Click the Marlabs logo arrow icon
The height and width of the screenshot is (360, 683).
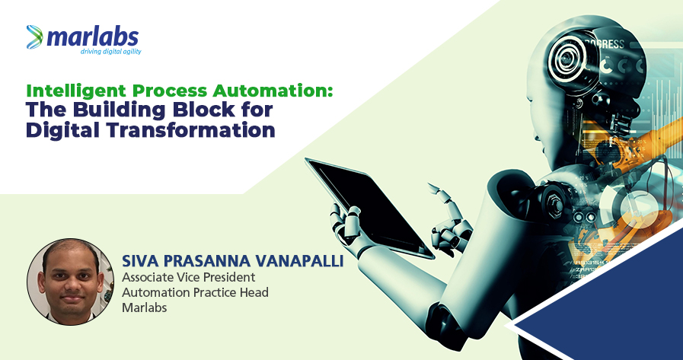coord(34,37)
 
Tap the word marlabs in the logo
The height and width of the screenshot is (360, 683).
coord(92,37)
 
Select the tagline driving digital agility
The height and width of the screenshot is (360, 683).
coord(110,51)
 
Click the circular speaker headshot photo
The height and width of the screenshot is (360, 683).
coord(70,282)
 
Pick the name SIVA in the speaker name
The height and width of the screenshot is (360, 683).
coord(137,261)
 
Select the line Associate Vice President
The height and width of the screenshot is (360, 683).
coord(188,277)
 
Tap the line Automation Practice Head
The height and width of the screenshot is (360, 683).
coord(195,292)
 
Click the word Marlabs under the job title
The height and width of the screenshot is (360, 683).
coord(145,307)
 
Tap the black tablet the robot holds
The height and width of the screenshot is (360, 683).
coord(369,206)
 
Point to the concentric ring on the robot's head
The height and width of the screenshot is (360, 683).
coord(567,59)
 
